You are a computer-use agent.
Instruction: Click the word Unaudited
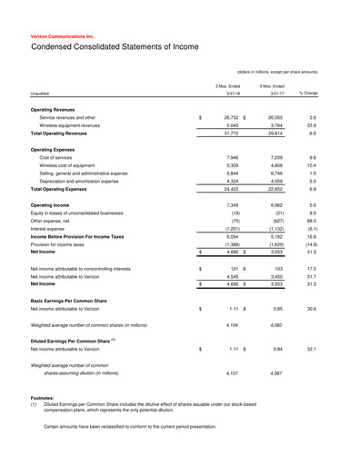coord(40,93)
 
